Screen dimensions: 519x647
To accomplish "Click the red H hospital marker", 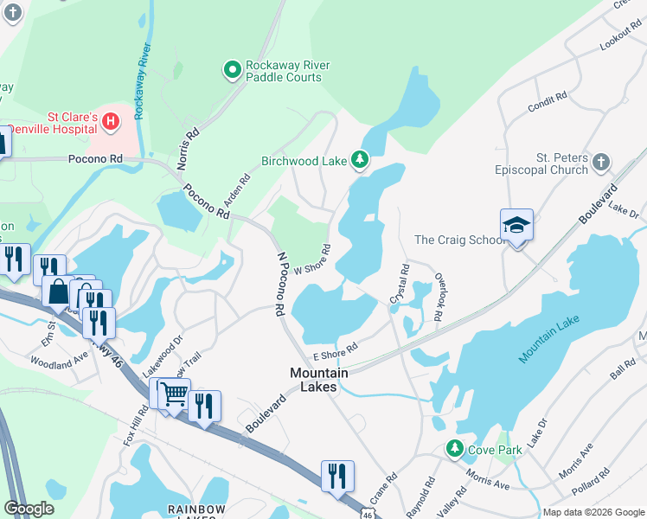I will coord(110,122).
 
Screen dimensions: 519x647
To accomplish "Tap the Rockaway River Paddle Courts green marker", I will coord(232,70).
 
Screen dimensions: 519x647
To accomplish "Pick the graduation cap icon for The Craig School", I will coord(516,226).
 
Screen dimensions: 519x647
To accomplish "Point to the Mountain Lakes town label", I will coord(318,380).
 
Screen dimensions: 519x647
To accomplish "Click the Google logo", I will coord(29,509).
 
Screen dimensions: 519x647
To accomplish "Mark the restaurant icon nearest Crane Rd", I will coord(337,476).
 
